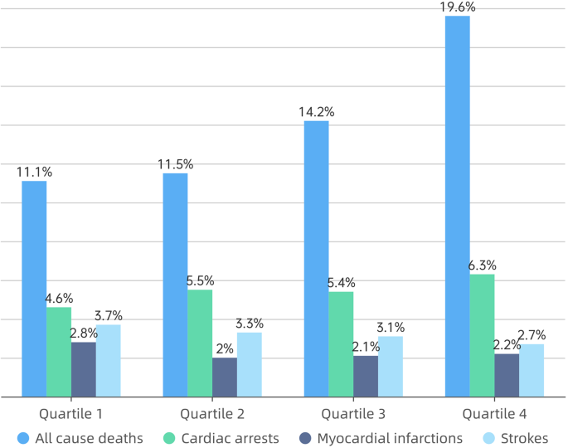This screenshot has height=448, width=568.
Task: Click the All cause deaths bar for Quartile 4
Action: coord(458,207)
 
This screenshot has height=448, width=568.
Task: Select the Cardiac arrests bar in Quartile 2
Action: coord(200,343)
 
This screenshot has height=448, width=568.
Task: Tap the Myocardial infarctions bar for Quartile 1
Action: coord(84,369)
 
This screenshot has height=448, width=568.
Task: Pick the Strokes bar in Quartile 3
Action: coord(391,367)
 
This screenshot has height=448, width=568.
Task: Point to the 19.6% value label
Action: coord(458,7)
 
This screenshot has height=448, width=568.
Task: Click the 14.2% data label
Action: coord(316,112)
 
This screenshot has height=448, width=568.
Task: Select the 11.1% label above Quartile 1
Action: coord(34,172)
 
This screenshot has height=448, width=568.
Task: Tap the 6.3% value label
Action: coord(482,265)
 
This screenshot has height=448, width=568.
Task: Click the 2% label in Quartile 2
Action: coord(224,349)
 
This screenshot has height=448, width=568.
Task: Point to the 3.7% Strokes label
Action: coord(109,315)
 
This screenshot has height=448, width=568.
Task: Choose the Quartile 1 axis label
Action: coord(71,412)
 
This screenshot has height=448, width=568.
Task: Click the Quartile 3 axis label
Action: coord(353,412)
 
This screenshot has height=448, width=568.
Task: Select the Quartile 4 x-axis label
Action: coord(494,412)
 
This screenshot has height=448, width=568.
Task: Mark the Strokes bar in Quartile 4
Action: coord(532,370)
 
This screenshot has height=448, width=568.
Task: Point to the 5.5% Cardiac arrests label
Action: coord(200,280)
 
